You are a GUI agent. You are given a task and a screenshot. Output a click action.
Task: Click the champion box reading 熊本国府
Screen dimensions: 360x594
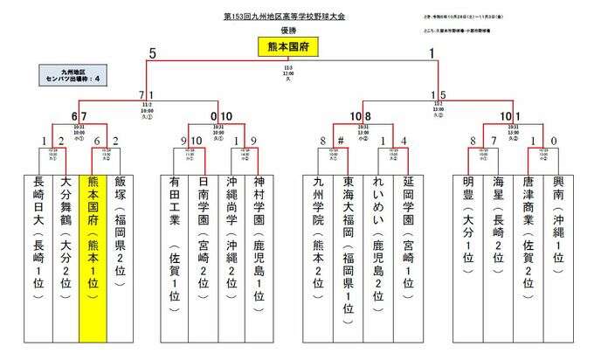tap(297, 50)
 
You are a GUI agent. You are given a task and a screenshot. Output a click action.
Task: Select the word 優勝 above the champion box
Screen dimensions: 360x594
tap(297, 31)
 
